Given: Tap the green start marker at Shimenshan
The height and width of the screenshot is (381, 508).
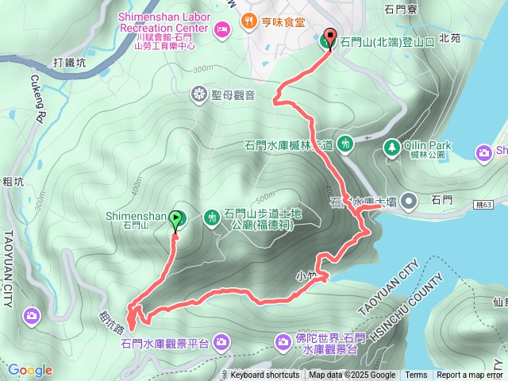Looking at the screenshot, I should [x=176, y=218].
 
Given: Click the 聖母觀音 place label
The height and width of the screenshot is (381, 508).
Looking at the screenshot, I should [x=233, y=95].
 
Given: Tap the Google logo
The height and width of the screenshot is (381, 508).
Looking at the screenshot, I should [x=29, y=370].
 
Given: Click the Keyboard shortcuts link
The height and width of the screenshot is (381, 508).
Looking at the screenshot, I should [x=265, y=375].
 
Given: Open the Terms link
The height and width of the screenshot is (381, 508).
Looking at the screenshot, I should [x=416, y=375].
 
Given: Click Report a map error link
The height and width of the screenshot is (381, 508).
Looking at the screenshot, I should [x=470, y=375].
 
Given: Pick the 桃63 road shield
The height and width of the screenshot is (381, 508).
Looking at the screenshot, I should [x=483, y=204].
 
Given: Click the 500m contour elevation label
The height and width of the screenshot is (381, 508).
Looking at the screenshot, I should [x=264, y=197].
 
